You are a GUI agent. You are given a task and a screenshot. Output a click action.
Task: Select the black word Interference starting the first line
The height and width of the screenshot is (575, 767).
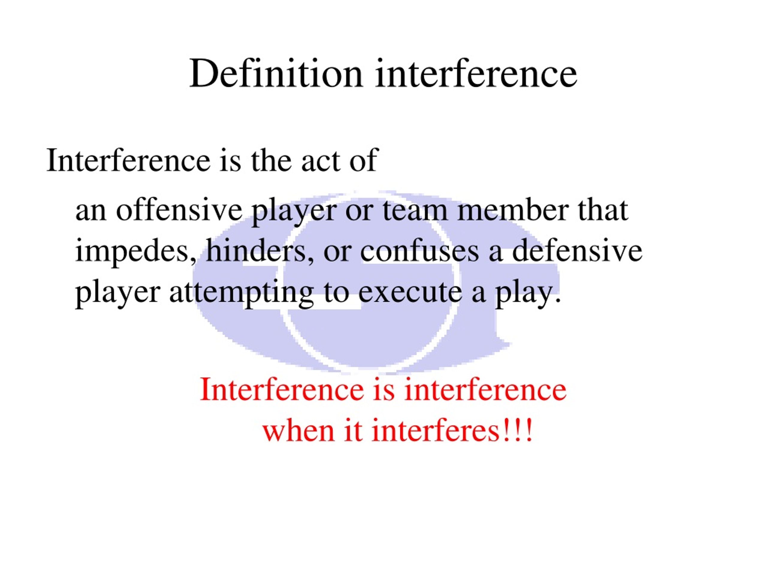(x=128, y=160)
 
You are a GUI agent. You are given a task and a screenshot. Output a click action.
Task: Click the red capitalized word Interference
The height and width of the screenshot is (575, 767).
(x=282, y=390)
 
